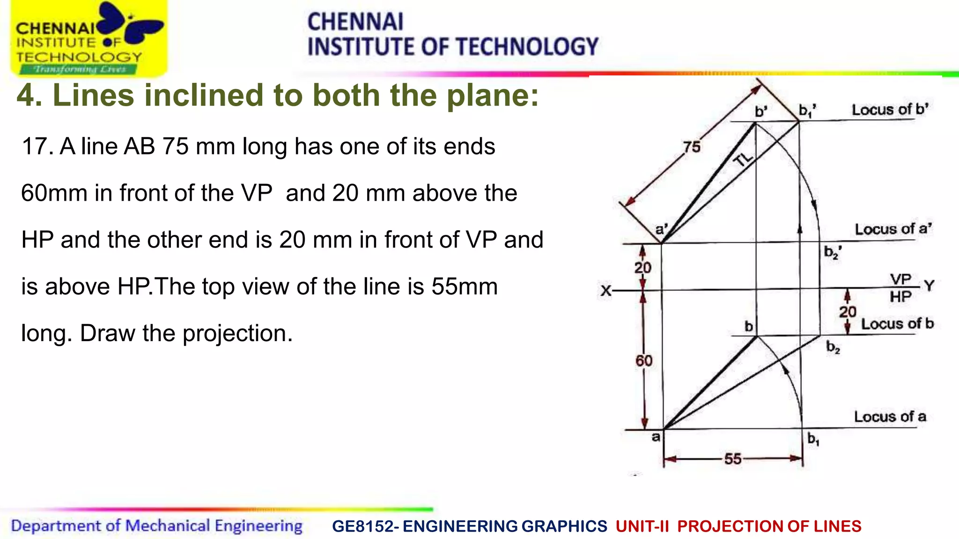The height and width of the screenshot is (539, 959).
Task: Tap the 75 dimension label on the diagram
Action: [692, 147]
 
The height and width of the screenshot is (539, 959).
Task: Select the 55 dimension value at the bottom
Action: [733, 459]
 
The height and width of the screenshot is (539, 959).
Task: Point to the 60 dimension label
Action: [644, 361]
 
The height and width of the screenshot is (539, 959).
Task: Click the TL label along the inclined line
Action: [743, 160]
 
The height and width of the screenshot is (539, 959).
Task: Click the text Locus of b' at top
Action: [890, 109]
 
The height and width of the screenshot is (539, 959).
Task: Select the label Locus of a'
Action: [893, 229]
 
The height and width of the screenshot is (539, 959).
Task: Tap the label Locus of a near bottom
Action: [890, 416]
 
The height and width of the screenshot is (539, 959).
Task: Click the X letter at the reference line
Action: [606, 291]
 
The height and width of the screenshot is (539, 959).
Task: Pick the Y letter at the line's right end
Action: [929, 286]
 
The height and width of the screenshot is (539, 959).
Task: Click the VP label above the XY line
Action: [900, 279]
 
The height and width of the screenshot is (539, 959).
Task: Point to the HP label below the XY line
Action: [900, 297]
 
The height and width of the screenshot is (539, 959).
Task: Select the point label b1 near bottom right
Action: [813, 439]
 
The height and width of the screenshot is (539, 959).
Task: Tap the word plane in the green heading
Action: [492, 95]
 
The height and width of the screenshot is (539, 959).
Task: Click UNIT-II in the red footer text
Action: [642, 526]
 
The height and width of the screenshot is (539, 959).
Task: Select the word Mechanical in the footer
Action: [168, 526]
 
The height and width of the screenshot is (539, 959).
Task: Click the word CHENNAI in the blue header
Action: [355, 22]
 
